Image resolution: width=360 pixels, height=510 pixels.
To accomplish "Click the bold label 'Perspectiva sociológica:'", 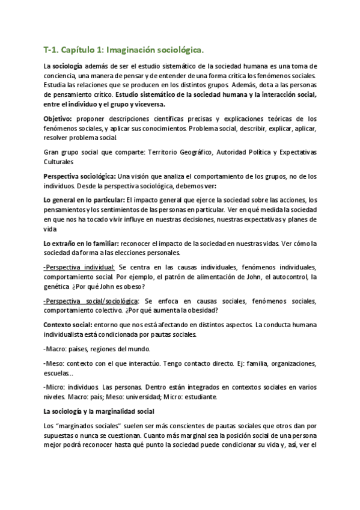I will click(x=80, y=176).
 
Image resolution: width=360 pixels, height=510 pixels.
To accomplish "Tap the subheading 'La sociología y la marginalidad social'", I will click(x=99, y=411).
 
